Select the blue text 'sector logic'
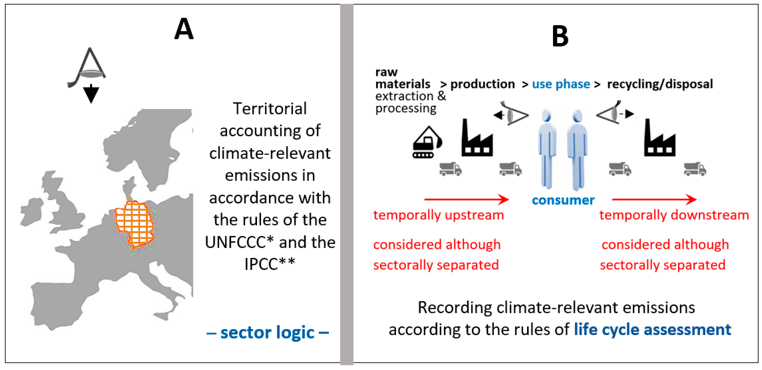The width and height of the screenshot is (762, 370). click(x=267, y=332)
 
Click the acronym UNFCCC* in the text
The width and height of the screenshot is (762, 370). click(x=239, y=242)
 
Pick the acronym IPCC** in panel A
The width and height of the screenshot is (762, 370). click(x=269, y=264)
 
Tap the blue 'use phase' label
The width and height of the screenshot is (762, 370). click(x=561, y=84)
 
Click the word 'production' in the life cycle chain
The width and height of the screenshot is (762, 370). click(x=482, y=84)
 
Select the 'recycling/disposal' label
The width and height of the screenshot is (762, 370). click(x=660, y=84)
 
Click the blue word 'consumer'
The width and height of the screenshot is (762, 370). click(x=563, y=200)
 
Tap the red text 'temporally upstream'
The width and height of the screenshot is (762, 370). click(x=438, y=215)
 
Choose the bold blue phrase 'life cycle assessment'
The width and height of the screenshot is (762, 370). click(x=652, y=329)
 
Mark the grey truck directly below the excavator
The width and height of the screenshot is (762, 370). click(x=450, y=169)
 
